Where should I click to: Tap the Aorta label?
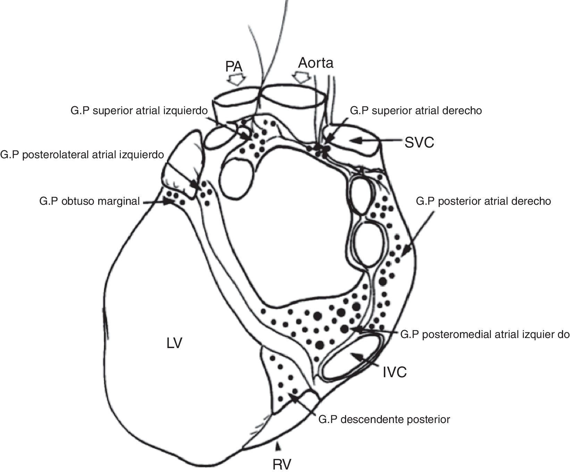coord(316,63)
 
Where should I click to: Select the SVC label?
coord(419,142)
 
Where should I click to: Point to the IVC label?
coord(395,372)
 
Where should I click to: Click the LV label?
coord(174,344)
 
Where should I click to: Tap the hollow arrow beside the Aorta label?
coord(301,77)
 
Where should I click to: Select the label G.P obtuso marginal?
coord(90,201)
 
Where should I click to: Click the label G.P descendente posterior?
coord(384,419)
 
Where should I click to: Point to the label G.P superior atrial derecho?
coord(416,111)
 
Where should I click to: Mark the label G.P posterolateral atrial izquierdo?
coord(82,154)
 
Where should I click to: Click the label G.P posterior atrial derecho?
coord(483,201)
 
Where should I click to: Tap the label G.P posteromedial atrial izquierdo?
coord(485,335)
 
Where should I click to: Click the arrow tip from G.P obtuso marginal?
coord(171,202)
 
